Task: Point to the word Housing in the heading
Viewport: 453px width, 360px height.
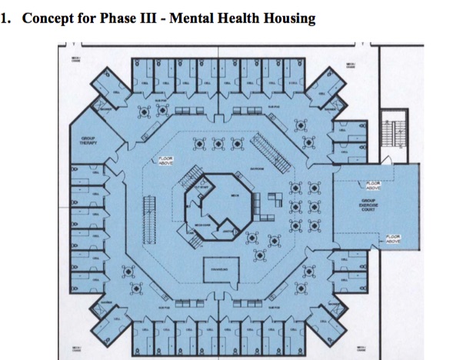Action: click(288, 18)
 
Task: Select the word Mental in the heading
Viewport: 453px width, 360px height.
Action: click(198, 18)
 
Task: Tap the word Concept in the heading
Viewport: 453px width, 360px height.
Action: click(50, 18)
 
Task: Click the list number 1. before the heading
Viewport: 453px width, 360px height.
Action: click(9, 18)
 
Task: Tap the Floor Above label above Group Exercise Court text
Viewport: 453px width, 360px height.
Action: click(375, 185)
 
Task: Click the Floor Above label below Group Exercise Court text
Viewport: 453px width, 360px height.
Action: click(392, 238)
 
